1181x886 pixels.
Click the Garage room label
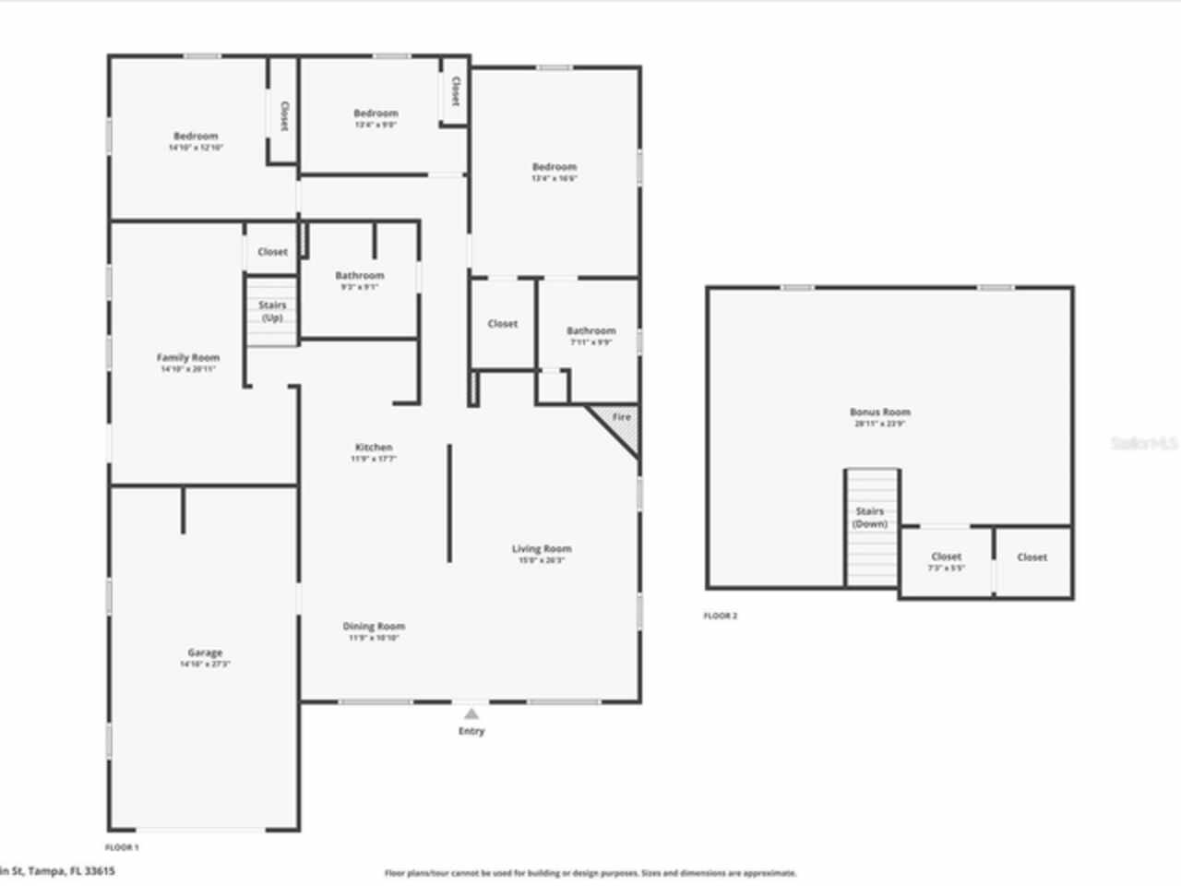pos(205,653)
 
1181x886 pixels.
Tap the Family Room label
pos(188,358)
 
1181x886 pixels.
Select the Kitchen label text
pos(374,448)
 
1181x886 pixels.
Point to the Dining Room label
pos(374,627)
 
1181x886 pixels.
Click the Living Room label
pos(542,549)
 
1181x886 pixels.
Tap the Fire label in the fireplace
pos(622,417)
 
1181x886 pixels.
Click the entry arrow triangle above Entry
pos(471,713)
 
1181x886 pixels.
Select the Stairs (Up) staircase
pos(272,311)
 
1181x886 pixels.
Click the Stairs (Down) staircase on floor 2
pos(870,526)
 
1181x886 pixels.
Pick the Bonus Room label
pos(880,413)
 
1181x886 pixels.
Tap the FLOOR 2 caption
pos(721,616)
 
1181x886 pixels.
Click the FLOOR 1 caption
pos(122,846)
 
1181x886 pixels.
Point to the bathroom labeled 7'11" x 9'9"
pos(590,331)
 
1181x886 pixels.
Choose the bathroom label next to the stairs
pos(359,276)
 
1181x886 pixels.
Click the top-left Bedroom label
pos(196,137)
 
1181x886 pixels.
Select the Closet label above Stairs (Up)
pos(272,252)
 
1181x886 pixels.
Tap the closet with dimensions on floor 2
pos(947,557)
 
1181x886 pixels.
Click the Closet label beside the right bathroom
pos(503,324)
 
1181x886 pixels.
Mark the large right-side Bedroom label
pos(555,168)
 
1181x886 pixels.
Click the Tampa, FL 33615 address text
pos(57,870)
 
